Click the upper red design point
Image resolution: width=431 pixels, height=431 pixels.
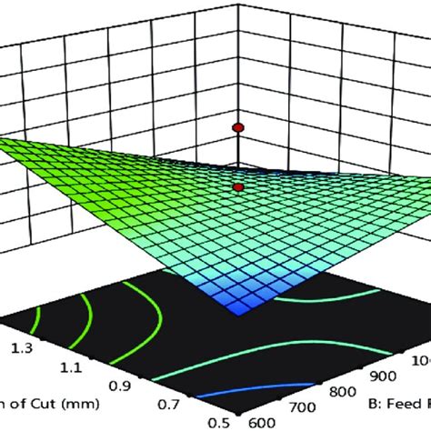238,127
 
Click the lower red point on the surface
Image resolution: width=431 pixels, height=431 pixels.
238,186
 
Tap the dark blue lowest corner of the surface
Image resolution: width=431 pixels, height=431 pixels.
241,310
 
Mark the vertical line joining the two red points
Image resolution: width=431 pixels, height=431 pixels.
238,156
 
